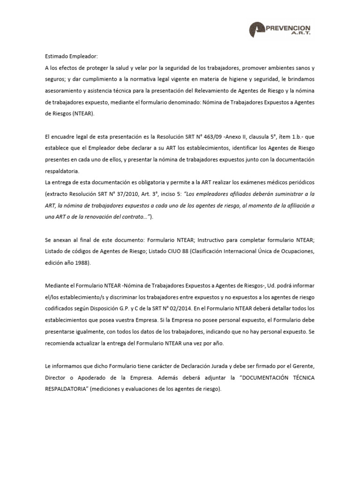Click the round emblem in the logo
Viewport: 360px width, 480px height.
point(258,30)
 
